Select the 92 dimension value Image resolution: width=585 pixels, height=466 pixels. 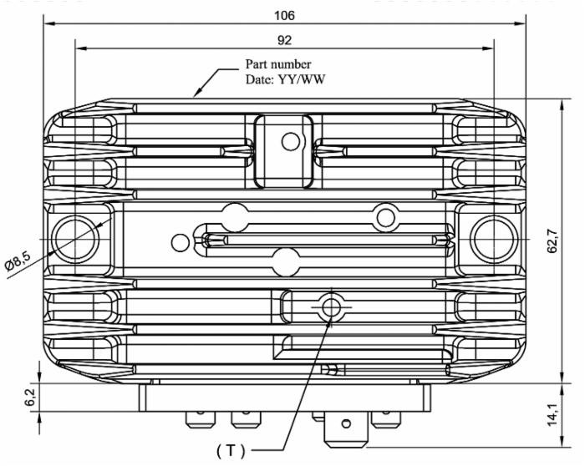[285, 38]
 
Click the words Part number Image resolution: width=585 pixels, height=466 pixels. [278, 63]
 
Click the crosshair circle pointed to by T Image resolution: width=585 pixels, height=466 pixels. [332, 307]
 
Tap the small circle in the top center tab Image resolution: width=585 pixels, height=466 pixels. [290, 141]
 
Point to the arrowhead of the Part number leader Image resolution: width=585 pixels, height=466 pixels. [196, 95]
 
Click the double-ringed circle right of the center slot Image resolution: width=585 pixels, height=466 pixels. [384, 216]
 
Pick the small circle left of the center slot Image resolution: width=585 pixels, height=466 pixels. [180, 243]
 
